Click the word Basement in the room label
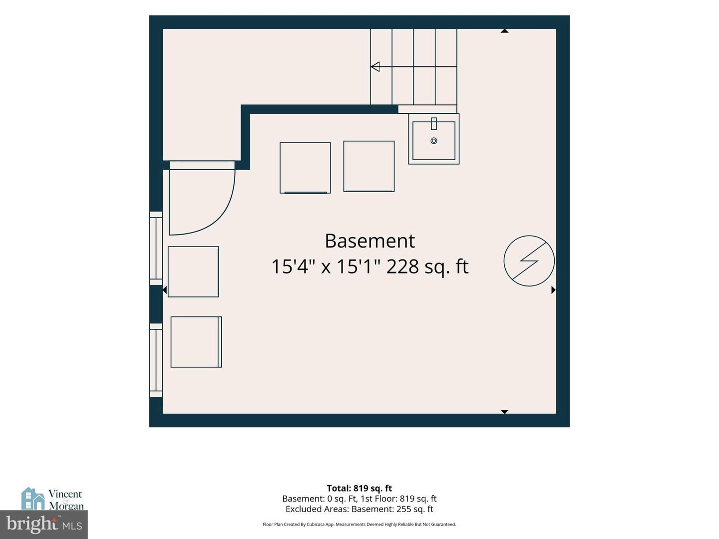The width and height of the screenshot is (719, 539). click(x=370, y=241)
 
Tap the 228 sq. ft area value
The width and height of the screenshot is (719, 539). click(x=427, y=267)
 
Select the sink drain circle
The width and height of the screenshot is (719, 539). click(x=434, y=141)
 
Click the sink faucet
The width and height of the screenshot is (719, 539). click(x=434, y=124)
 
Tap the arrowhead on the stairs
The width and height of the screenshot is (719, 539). click(x=375, y=67)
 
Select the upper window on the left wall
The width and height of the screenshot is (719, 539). click(x=156, y=249)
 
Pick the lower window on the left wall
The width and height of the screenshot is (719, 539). click(x=156, y=360)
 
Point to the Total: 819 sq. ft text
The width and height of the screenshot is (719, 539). click(x=359, y=488)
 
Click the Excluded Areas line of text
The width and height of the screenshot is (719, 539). click(x=359, y=509)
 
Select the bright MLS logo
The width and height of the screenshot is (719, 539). click(x=44, y=524)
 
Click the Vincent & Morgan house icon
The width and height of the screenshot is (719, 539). click(x=33, y=498)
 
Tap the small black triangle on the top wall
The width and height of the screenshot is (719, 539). click(x=504, y=31)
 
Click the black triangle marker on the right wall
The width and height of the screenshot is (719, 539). click(x=554, y=289)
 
